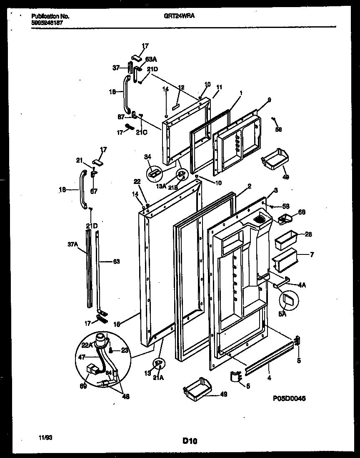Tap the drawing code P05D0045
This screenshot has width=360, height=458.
291,399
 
